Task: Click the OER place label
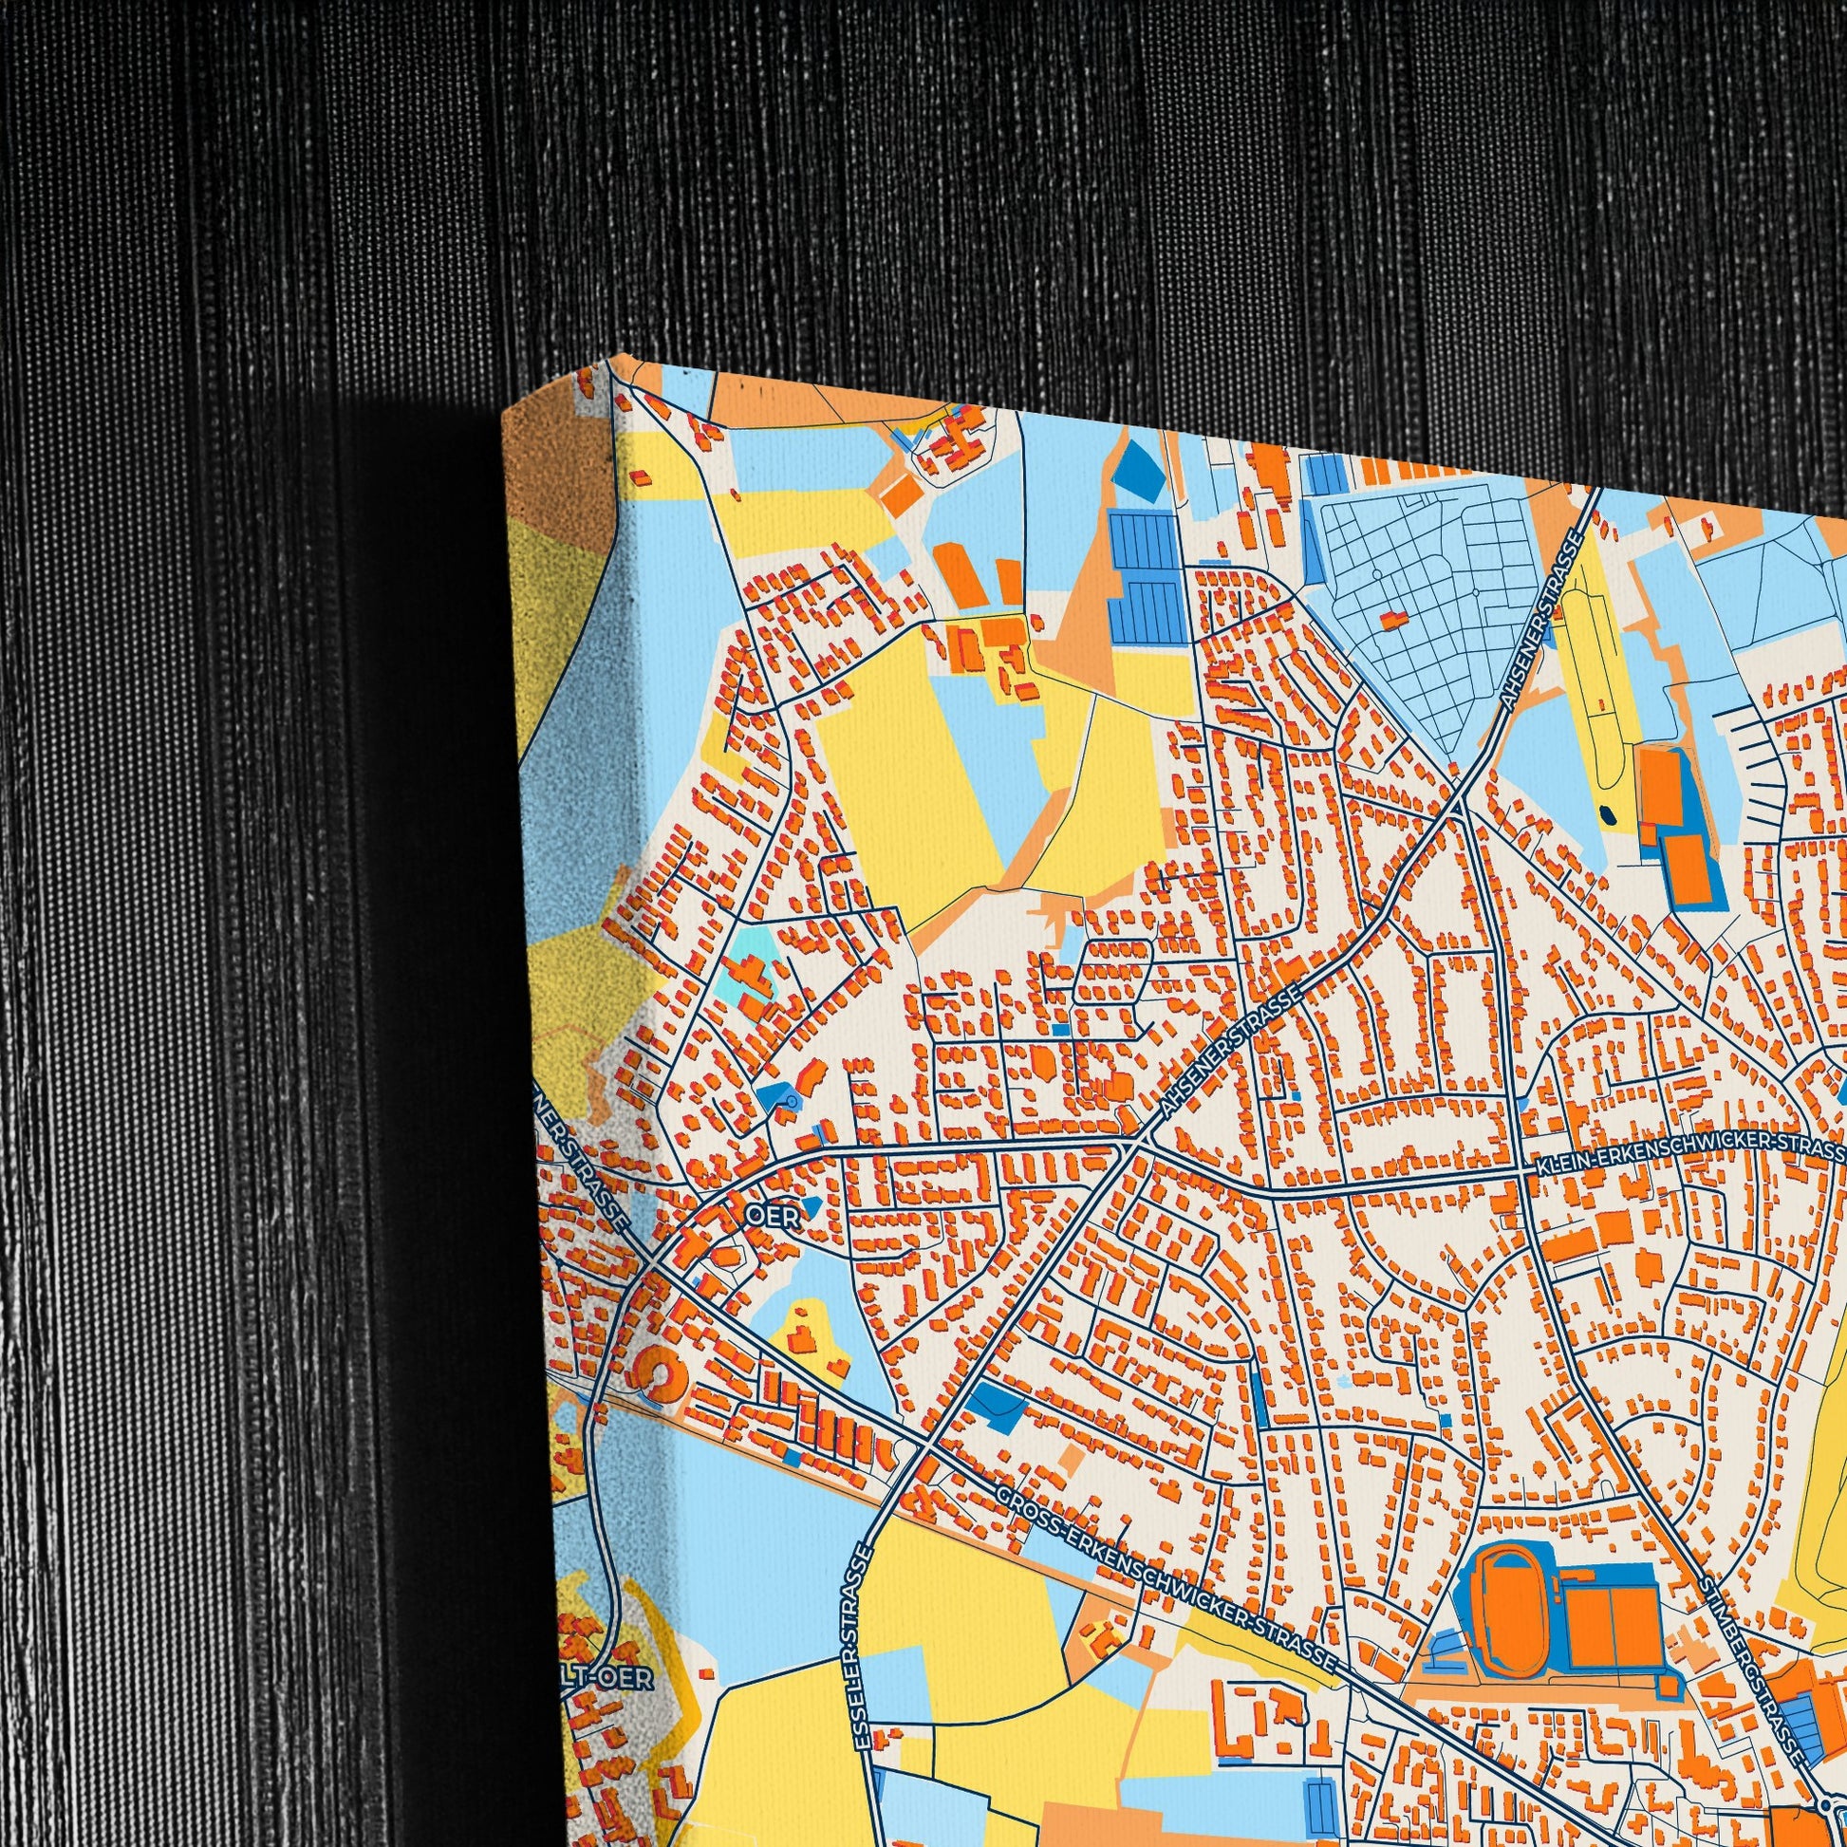(772, 1216)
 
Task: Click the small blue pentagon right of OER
(812, 1206)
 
